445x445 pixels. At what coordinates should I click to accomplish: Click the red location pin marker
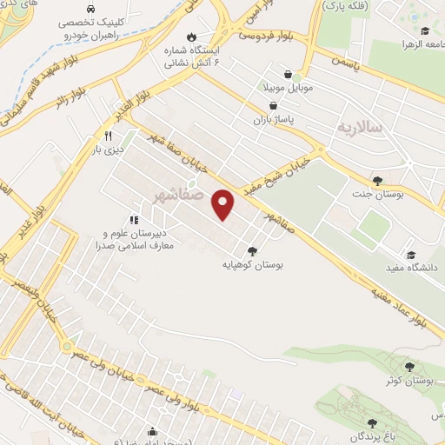[x=224, y=203]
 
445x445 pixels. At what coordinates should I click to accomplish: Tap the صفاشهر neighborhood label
[x=185, y=193]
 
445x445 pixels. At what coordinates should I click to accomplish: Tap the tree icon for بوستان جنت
[x=376, y=181]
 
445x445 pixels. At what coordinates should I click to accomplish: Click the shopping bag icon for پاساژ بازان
[x=274, y=106]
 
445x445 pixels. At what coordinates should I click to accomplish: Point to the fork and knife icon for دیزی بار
[x=108, y=136]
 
